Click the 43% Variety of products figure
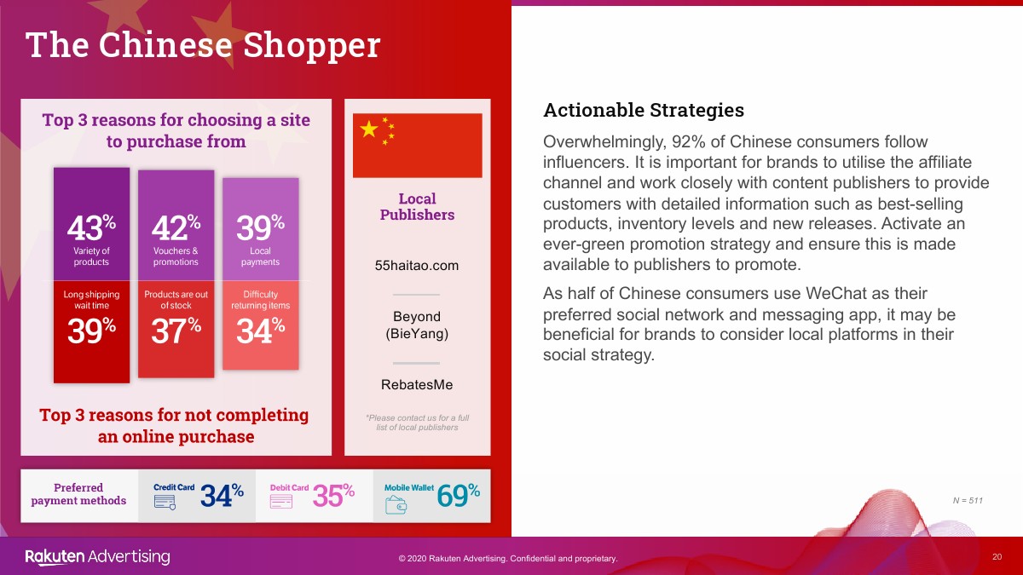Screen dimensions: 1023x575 91,227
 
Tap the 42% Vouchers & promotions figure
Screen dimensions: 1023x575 176,227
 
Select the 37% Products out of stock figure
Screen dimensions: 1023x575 176,331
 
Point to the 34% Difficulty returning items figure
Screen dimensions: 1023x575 260,331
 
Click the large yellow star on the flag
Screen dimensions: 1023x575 369,129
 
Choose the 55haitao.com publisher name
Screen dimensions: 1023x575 417,266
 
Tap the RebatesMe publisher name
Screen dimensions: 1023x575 417,385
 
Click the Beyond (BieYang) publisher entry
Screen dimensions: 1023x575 417,325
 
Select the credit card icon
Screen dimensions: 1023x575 165,502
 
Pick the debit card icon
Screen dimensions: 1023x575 281,502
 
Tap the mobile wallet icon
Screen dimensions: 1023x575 396,504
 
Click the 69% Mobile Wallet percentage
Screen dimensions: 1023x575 458,495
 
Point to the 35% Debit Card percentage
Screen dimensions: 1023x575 333,495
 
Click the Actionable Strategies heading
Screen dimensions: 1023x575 644,110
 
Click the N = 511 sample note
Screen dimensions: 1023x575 968,501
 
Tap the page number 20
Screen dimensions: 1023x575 997,557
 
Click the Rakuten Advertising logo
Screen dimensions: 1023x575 97,557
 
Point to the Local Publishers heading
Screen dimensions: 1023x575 417,207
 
